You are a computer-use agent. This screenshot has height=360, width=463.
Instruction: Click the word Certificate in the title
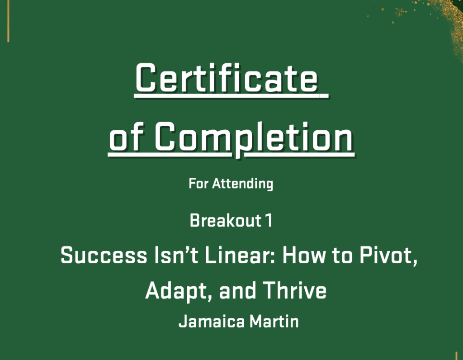pyautogui.click(x=227, y=78)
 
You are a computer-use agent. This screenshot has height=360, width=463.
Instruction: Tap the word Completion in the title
pyautogui.click(x=254, y=138)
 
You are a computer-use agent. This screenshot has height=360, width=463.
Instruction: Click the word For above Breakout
pyautogui.click(x=198, y=184)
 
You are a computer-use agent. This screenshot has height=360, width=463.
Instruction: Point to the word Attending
pyautogui.click(x=243, y=184)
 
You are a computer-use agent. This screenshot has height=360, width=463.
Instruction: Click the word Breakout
pyautogui.click(x=226, y=220)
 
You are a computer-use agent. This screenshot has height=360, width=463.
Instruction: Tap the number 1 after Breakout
pyautogui.click(x=269, y=220)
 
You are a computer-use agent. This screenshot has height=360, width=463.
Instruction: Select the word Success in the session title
pyautogui.click(x=104, y=255)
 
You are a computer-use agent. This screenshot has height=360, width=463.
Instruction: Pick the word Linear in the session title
pyautogui.click(x=240, y=255)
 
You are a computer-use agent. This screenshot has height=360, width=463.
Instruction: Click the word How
pyautogui.click(x=304, y=255)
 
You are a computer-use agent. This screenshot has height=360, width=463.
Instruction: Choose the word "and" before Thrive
pyautogui.click(x=238, y=291)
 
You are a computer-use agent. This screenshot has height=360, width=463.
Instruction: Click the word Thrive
pyautogui.click(x=295, y=291)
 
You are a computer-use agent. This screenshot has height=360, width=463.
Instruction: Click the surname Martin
pyautogui.click(x=274, y=321)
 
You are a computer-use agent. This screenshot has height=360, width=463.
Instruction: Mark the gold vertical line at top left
pyautogui.click(x=8, y=21)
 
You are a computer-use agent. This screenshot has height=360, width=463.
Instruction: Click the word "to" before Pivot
pyautogui.click(x=342, y=256)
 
